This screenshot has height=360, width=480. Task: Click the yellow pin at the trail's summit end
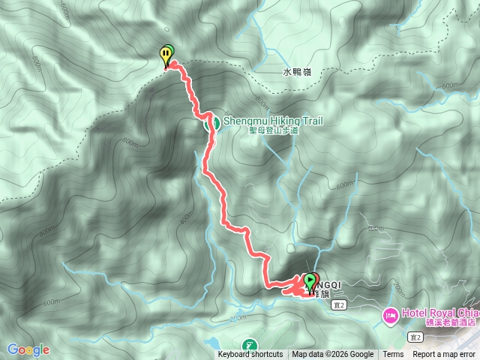click(164, 55)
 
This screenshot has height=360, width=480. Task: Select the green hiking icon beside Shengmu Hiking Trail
click(213, 122)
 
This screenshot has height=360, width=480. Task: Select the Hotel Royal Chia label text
click(439, 312)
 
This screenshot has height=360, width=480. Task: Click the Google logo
click(28, 349)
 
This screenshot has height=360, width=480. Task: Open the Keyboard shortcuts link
click(250, 355)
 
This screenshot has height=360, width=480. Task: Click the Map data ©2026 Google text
click(332, 355)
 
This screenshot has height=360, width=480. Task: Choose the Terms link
click(393, 355)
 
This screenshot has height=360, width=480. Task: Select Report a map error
click(443, 355)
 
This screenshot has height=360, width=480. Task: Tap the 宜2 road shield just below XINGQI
click(340, 305)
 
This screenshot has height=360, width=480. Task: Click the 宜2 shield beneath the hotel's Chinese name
click(415, 338)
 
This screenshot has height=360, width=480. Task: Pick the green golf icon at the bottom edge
click(249, 346)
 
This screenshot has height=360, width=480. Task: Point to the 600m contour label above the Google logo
click(50, 302)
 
